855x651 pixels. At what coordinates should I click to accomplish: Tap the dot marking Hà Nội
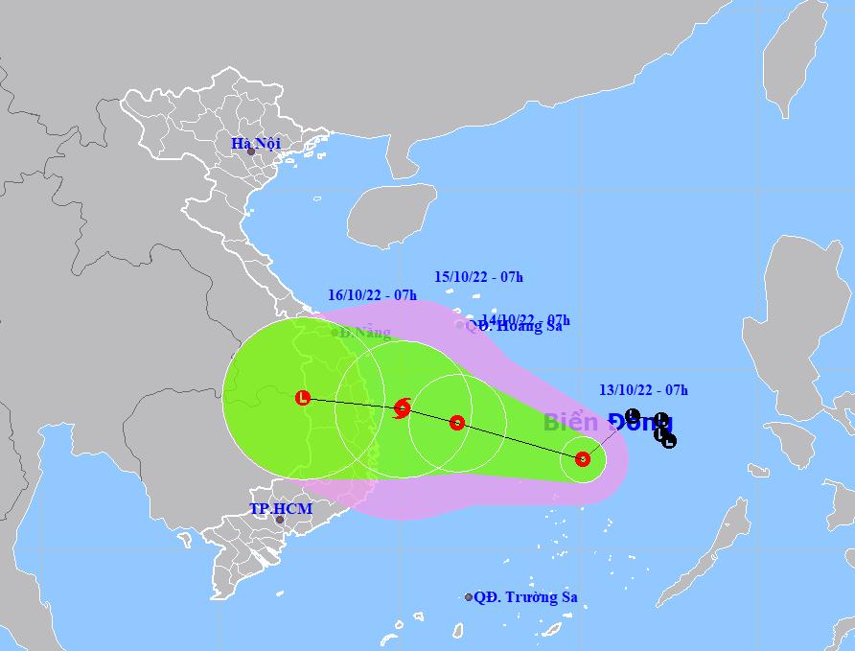(251, 151)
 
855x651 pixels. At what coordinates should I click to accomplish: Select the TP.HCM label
(281, 508)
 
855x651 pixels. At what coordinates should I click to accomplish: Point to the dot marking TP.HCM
(280, 520)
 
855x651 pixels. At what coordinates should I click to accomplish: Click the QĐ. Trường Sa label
(526, 597)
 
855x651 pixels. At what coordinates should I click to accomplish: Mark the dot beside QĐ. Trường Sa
(469, 597)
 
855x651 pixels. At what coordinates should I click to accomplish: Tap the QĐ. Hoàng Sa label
(516, 326)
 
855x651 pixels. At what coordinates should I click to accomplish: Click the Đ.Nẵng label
(364, 333)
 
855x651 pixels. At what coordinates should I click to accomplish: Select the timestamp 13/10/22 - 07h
(643, 389)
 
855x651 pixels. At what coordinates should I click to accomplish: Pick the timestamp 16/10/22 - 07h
(372, 295)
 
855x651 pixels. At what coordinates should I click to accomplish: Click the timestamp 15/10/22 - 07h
(478, 277)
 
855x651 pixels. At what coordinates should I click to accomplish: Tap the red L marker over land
(303, 397)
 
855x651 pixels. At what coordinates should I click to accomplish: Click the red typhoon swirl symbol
(403, 408)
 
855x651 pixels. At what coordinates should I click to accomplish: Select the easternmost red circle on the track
(583, 458)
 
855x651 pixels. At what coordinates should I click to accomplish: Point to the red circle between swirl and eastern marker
(457, 422)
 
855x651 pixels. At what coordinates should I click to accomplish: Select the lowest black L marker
(669, 441)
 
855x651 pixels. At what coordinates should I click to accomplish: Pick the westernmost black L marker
(631, 414)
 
